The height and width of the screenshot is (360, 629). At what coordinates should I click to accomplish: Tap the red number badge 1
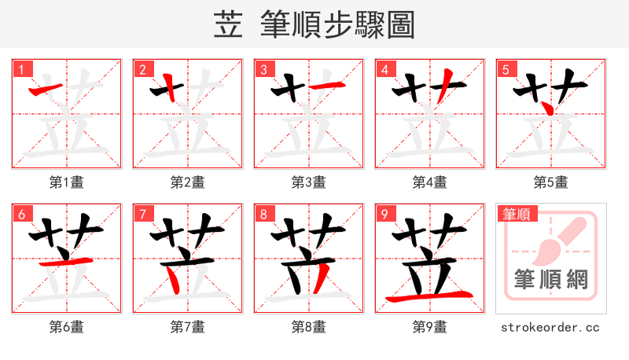click(21, 70)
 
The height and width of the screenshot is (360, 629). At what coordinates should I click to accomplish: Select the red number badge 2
click(142, 70)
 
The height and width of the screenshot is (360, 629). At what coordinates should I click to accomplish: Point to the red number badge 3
click(263, 70)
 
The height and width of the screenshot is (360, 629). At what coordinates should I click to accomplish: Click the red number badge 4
click(384, 70)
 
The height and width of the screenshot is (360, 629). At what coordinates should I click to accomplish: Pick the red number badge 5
click(506, 70)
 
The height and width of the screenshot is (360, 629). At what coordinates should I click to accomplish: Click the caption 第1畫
click(67, 182)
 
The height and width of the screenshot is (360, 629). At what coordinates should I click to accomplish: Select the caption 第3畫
click(309, 182)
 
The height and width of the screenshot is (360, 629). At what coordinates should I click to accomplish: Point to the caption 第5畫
click(550, 182)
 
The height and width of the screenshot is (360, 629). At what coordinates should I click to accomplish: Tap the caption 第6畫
click(67, 327)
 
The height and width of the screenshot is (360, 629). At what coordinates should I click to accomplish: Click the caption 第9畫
click(430, 327)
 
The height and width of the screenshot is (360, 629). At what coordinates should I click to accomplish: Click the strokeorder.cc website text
click(550, 327)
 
